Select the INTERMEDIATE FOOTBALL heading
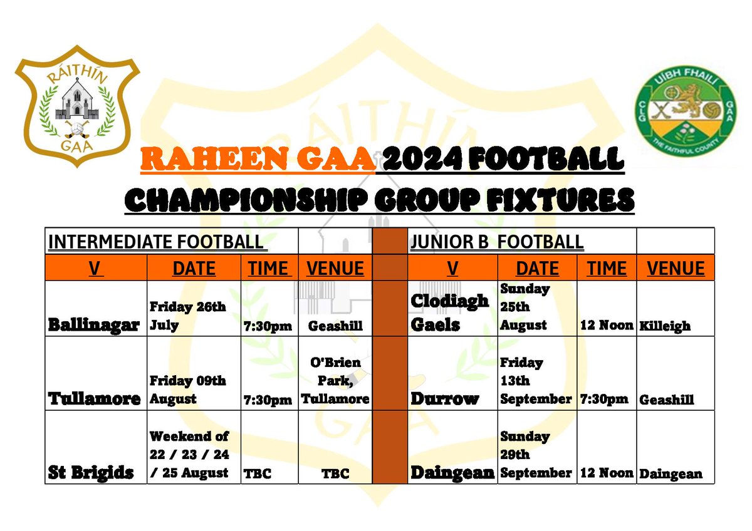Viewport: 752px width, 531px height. [x=153, y=242]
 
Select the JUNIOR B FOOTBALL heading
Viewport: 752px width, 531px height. [x=496, y=242]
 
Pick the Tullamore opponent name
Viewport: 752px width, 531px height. [x=94, y=399]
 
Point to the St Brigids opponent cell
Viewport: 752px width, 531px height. [x=91, y=473]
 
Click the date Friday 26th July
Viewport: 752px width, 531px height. [x=187, y=316]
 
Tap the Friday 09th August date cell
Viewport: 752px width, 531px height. [x=187, y=389]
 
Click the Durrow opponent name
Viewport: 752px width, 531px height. [x=444, y=399]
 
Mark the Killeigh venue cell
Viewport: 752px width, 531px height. [x=665, y=326]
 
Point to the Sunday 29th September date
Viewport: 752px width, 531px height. [x=536, y=455]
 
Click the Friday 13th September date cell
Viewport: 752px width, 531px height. [x=536, y=381]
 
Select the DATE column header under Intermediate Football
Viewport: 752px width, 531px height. [x=194, y=269]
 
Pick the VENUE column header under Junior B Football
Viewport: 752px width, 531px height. [x=676, y=269]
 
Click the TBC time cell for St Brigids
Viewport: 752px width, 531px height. [x=257, y=473]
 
